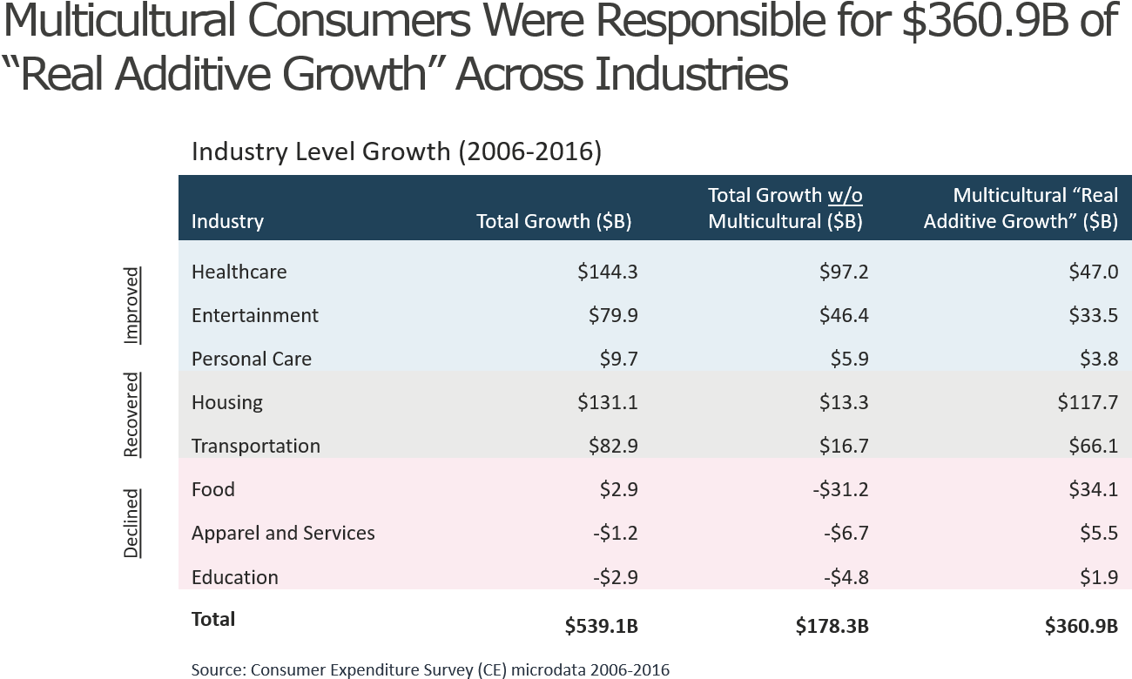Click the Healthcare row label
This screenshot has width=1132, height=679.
tap(239, 272)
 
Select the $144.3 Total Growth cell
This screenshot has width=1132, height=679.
tap(607, 272)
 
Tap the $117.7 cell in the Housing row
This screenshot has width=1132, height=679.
tap(1088, 402)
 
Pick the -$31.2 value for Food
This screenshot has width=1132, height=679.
tap(843, 489)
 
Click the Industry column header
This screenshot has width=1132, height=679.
tap(227, 221)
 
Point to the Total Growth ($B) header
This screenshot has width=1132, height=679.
tap(554, 221)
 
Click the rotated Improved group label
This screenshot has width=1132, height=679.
tap(131, 306)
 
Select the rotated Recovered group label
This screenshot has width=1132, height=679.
tap(131, 414)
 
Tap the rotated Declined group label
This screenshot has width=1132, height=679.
tap(131, 523)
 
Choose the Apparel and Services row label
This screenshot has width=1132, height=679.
tap(283, 533)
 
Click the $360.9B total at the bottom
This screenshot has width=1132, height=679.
tap(1081, 626)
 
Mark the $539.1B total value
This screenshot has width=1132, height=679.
tap(601, 626)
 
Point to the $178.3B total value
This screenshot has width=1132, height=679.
tap(832, 626)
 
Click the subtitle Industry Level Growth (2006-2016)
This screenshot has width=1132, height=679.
tap(396, 151)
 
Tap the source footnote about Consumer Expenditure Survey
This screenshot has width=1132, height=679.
tap(430, 669)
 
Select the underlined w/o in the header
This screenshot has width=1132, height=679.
tap(846, 195)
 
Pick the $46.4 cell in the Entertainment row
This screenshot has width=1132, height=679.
tap(844, 315)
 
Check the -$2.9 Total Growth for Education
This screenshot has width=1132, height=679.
tap(613, 577)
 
